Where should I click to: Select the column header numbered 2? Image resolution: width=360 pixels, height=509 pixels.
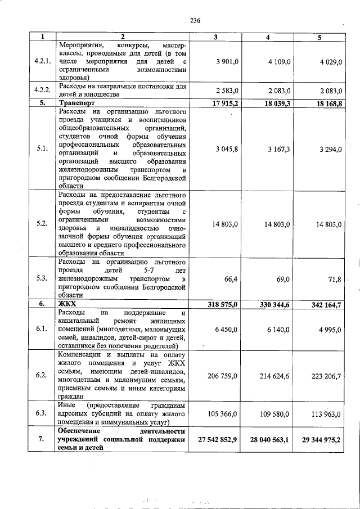(123, 37)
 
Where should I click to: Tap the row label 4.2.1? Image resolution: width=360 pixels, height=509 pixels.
(43, 61)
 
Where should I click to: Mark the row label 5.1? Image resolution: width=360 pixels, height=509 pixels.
(42, 148)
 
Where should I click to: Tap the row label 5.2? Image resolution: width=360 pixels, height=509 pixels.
(42, 224)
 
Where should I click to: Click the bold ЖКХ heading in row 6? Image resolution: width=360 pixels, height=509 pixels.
(67, 304)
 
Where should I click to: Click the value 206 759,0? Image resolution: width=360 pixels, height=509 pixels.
(223, 375)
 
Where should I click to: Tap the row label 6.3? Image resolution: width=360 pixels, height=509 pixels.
(42, 413)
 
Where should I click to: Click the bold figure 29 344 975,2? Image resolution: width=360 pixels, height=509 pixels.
(317, 439)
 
